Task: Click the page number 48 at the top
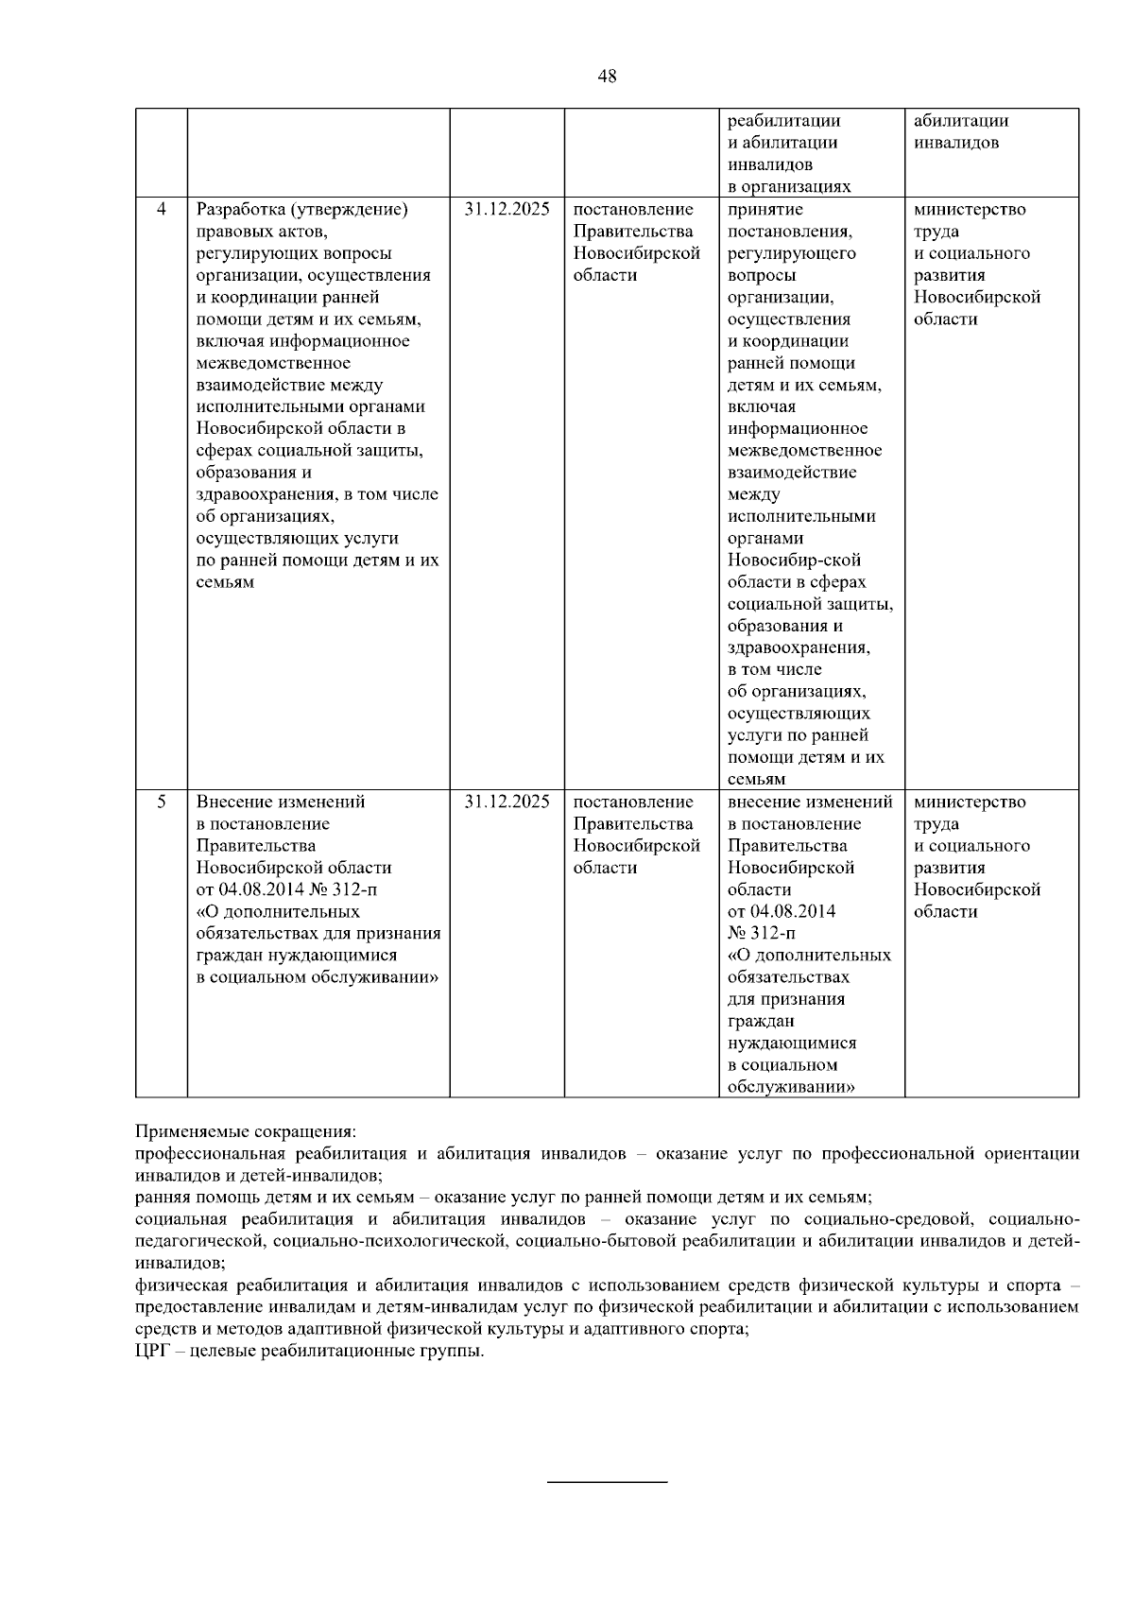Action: (x=608, y=77)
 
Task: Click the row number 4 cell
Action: (x=162, y=209)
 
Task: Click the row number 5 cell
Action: (x=162, y=802)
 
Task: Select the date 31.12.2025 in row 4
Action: (x=507, y=209)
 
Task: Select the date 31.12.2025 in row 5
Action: (x=507, y=802)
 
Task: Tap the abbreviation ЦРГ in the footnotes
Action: (x=152, y=1351)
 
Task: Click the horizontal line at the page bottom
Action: (x=608, y=1481)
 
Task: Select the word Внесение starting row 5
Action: (x=232, y=802)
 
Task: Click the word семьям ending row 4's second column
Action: (x=225, y=582)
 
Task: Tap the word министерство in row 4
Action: (x=970, y=209)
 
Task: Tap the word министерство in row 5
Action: (x=970, y=802)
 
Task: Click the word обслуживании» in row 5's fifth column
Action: (x=791, y=1087)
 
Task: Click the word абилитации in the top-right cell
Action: (x=961, y=121)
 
